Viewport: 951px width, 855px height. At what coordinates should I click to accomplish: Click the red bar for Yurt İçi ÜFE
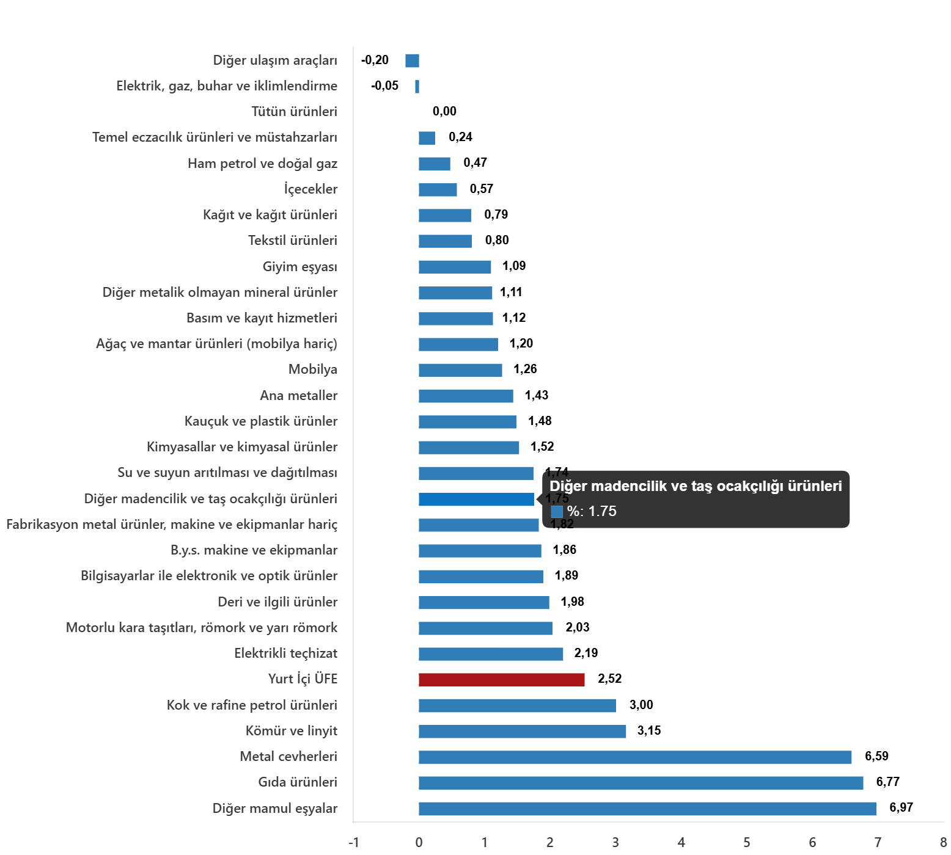tap(501, 680)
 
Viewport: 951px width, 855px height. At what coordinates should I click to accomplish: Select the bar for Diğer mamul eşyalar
tap(647, 809)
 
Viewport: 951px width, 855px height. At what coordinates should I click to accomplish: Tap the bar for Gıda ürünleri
tap(641, 783)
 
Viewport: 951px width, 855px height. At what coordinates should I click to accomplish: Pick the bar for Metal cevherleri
tap(634, 757)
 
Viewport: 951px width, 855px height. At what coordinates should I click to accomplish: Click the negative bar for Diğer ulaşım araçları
tap(412, 60)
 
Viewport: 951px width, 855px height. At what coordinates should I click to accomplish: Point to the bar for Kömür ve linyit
tap(522, 732)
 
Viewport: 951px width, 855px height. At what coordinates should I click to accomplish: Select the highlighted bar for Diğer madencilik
tap(476, 500)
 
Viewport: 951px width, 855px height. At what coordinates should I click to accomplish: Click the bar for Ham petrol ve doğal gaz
tap(434, 164)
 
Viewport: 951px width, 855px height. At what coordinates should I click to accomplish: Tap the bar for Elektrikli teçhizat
tap(491, 654)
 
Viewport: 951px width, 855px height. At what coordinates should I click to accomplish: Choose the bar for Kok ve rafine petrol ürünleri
tap(517, 706)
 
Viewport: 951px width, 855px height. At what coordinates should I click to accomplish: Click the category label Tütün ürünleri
tap(294, 112)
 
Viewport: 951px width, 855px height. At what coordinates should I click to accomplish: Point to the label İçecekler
tap(310, 189)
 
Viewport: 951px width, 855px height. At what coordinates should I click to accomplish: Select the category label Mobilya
tap(312, 369)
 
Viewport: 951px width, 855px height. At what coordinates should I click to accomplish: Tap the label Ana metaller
tap(298, 396)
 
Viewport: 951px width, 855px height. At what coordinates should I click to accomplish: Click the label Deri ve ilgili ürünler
tap(277, 602)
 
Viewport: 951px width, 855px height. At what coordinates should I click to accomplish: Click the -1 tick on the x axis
tap(353, 843)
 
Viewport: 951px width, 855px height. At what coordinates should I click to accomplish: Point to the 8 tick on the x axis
tap(943, 843)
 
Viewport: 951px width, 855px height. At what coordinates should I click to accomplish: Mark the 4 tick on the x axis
tap(681, 843)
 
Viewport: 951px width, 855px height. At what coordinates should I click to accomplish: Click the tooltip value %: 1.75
tap(591, 512)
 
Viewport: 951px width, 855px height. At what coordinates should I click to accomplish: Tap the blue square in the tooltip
tap(556, 512)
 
